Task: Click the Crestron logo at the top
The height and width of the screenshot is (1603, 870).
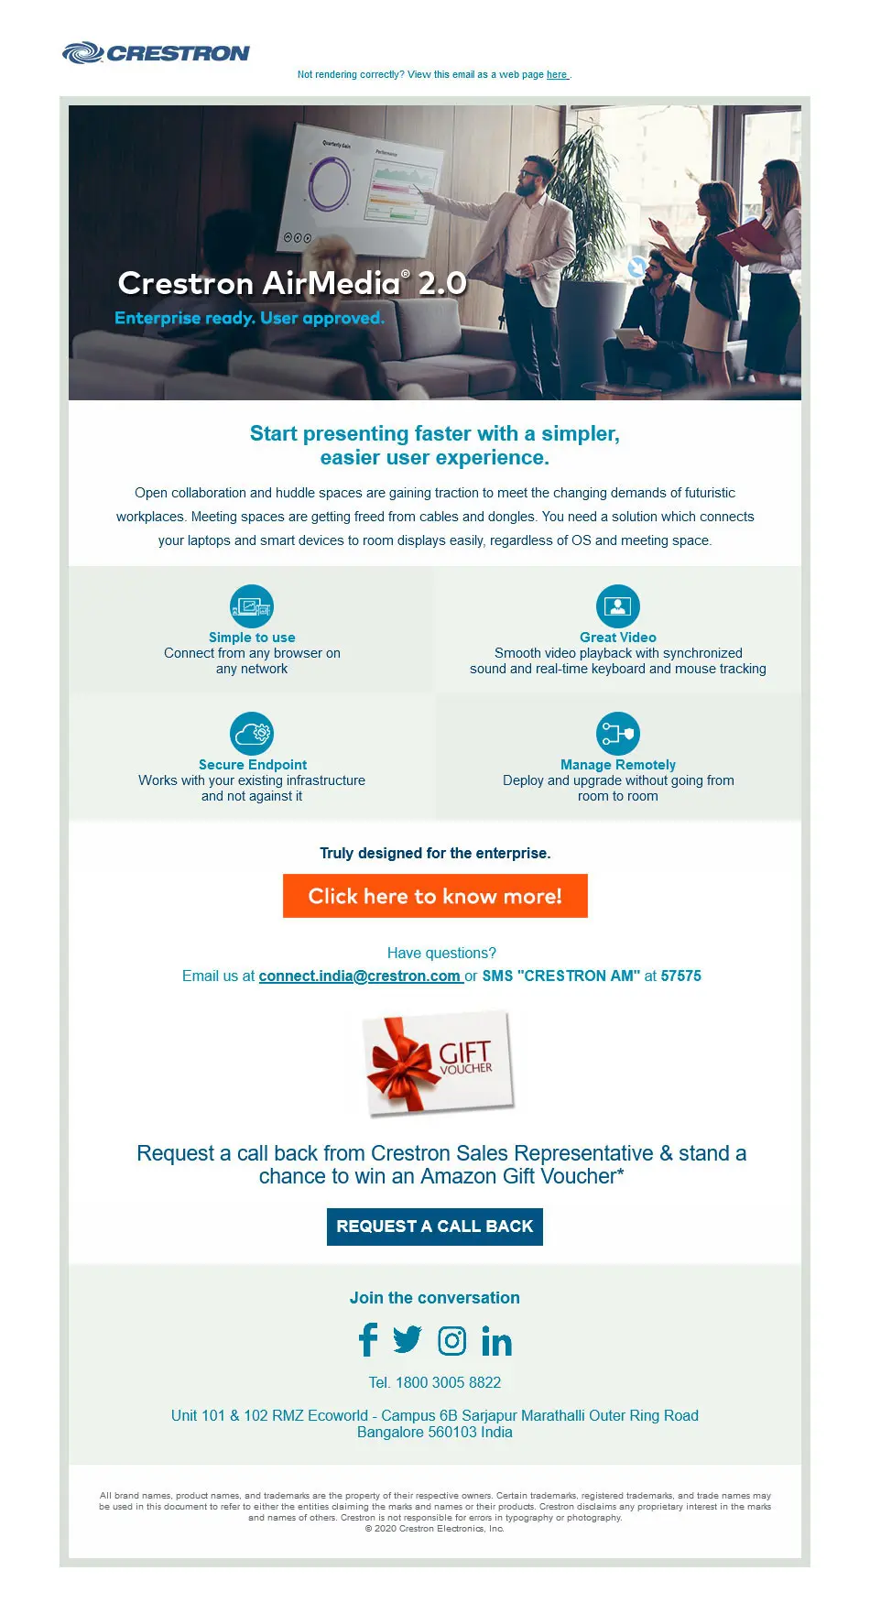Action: (x=156, y=53)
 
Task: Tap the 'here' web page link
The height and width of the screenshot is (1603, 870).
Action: (x=557, y=75)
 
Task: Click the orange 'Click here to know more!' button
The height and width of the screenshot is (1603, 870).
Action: (x=435, y=896)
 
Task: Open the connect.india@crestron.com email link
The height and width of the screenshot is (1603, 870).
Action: (x=360, y=976)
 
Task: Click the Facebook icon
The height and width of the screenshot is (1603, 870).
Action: (x=368, y=1340)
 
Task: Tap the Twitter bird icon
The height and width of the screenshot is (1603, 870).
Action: (x=408, y=1340)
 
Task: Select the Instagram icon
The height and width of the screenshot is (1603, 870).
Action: (x=452, y=1341)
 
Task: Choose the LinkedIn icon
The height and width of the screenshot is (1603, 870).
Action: (x=496, y=1342)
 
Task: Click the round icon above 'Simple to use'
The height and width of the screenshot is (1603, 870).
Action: (x=252, y=606)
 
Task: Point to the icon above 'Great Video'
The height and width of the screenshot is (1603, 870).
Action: (x=618, y=606)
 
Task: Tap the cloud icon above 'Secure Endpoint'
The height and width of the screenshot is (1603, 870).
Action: (x=252, y=734)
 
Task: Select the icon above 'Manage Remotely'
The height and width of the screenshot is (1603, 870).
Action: (x=618, y=734)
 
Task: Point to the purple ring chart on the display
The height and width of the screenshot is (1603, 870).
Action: (x=329, y=184)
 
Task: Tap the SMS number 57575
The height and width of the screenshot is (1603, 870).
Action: (x=681, y=976)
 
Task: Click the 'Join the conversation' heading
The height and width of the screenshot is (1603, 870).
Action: (x=435, y=1298)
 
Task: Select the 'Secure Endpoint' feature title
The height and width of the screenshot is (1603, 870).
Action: (x=253, y=765)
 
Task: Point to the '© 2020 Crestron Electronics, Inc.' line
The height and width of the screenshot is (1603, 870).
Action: (x=435, y=1529)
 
